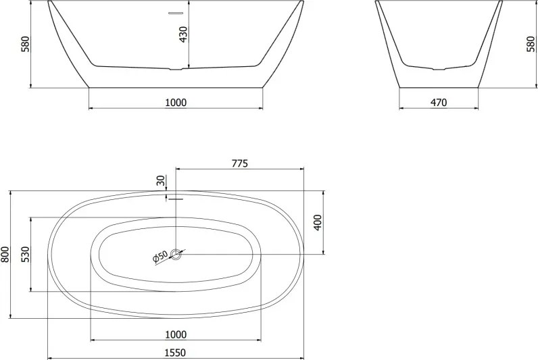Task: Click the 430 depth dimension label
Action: click(x=184, y=34)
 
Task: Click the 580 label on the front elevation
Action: click(x=26, y=44)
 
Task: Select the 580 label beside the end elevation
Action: click(x=531, y=44)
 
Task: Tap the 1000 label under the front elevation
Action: click(x=176, y=102)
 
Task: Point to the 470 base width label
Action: click(x=439, y=102)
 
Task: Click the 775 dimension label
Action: click(x=239, y=163)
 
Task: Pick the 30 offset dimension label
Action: click(x=161, y=180)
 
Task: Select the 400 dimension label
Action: click(x=318, y=222)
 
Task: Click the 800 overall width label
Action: click(x=5, y=255)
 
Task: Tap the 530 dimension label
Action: click(x=26, y=255)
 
